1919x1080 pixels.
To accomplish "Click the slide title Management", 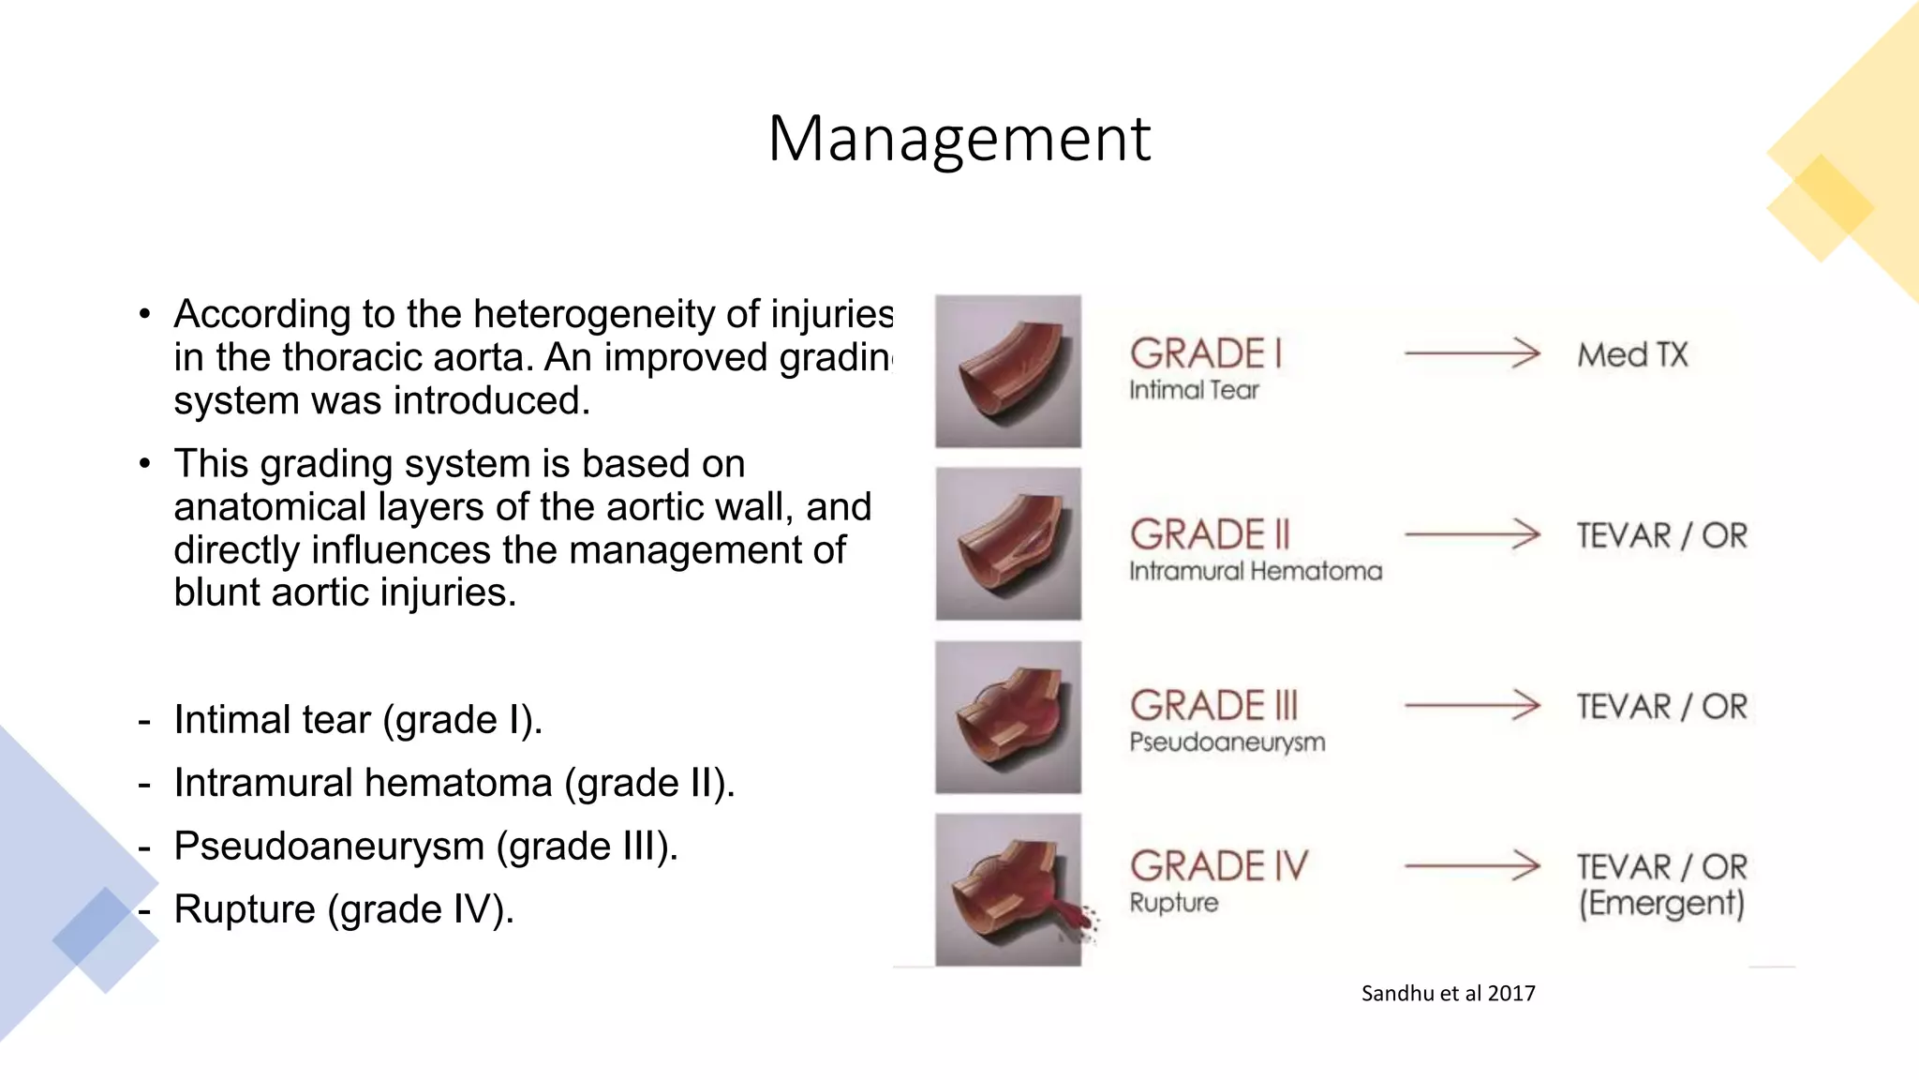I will coord(959,139).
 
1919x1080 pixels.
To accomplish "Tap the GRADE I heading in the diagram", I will coord(1205,354).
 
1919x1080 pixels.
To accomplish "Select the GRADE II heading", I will coord(1210,534).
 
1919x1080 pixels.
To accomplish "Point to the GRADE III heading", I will coord(1214,706).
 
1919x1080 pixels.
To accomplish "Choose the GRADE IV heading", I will coord(1218,866).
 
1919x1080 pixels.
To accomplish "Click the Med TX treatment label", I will coord(1632,355).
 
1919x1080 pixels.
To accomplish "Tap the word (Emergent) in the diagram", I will coord(1661,904).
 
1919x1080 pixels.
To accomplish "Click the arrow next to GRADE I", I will coord(1472,353).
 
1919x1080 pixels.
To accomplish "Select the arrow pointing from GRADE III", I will coord(1472,705).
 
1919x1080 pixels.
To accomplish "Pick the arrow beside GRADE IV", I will coord(1472,866).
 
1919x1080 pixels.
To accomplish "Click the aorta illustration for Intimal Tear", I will coord(1008,371).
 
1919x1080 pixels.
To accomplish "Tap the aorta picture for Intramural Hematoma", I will coord(1008,544).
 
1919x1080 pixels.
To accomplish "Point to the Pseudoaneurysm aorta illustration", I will coord(1008,717).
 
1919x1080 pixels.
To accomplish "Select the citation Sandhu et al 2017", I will coord(1448,994).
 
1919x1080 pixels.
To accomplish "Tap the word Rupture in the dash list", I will coord(245,909).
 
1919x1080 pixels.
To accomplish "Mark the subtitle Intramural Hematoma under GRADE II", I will coord(1255,571).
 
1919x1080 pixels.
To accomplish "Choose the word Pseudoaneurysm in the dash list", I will coord(329,847).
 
